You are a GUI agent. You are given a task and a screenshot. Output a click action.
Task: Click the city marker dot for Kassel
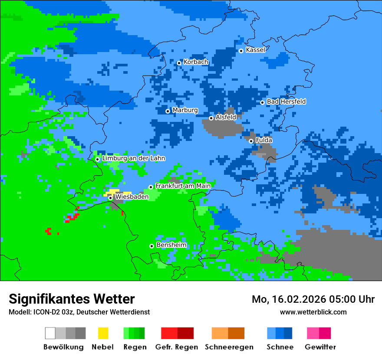pos(241,51)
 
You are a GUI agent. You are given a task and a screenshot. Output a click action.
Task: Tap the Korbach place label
pos(196,62)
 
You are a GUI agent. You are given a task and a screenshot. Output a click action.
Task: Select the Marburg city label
pos(185,110)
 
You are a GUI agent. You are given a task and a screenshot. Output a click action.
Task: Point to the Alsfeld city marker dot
pos(211,118)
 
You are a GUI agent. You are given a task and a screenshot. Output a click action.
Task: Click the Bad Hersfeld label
pos(286,101)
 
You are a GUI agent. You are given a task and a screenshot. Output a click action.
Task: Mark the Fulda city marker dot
pos(251,141)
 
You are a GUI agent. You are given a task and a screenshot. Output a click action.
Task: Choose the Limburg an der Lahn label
pos(133,158)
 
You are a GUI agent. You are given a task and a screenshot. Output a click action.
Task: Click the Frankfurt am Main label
pos(183,186)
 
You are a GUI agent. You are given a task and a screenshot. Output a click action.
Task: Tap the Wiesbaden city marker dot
pos(111,198)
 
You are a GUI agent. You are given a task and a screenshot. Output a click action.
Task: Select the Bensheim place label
pos(171,245)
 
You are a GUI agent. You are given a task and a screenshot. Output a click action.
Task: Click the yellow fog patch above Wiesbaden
pos(114,191)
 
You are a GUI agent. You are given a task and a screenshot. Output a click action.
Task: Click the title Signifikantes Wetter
pos(72,299)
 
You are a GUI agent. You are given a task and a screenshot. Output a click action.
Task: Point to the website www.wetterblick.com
pos(313,312)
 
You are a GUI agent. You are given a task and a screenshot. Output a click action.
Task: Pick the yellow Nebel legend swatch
pos(103,333)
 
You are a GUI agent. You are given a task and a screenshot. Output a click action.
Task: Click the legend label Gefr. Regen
pos(177,347)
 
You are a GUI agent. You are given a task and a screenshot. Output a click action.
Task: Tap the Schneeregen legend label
pos(229,347)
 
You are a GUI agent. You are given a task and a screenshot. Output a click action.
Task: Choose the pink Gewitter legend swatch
pos(313,333)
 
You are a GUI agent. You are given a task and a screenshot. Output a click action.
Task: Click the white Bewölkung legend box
pos(50,333)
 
